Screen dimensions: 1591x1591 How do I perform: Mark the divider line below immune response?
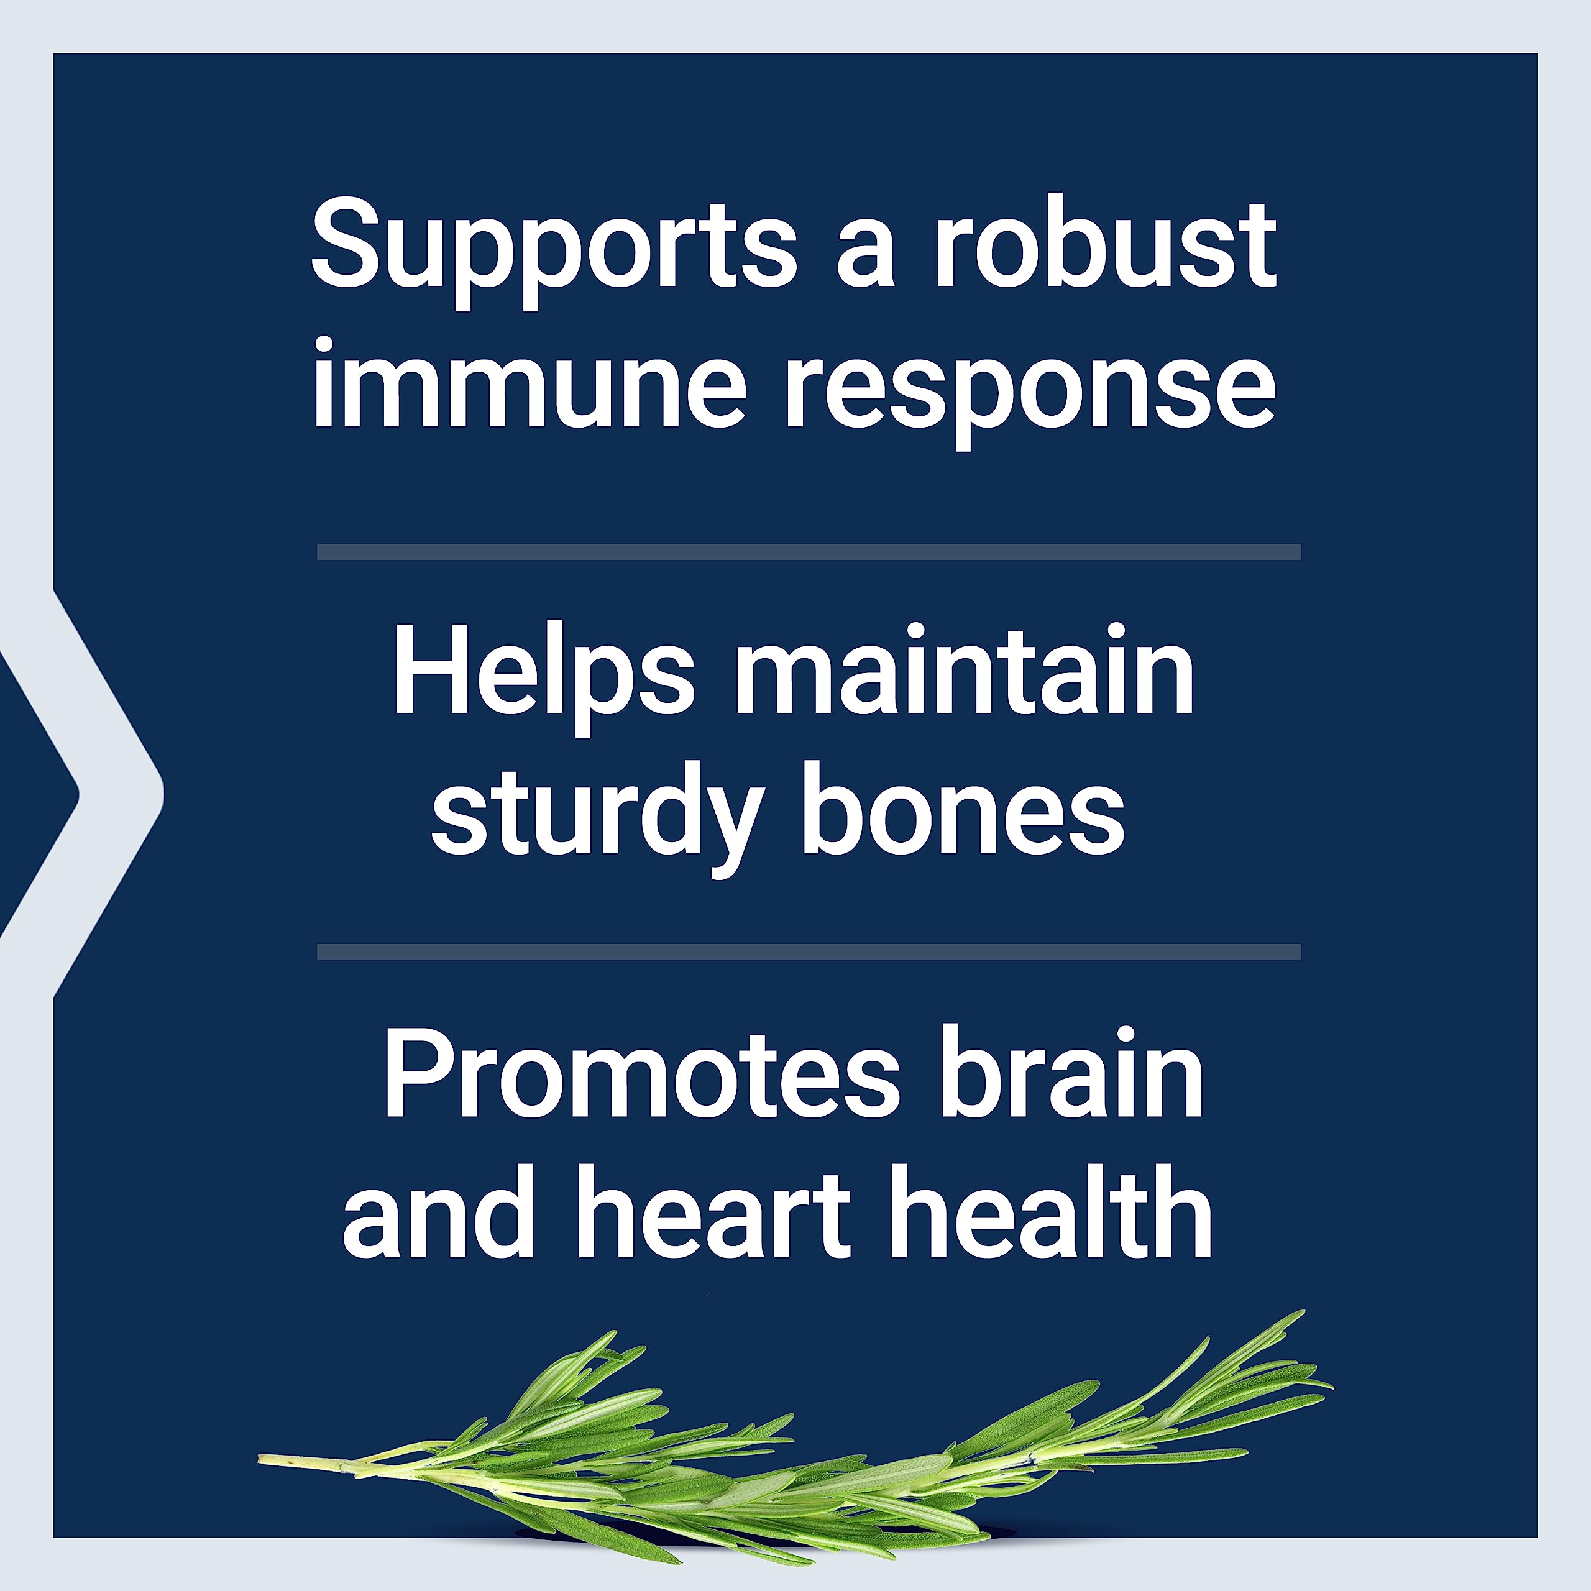pyautogui.click(x=809, y=552)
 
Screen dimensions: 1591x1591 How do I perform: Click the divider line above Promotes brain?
pyautogui.click(x=809, y=952)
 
